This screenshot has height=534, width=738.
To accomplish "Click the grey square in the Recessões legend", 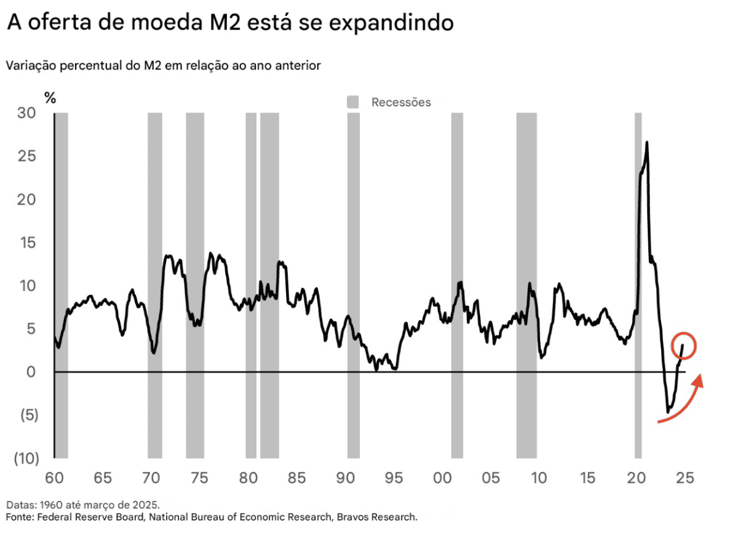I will point(353,102).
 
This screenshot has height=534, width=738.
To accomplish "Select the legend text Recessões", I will point(401,102).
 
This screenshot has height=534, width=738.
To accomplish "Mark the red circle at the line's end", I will point(683,345).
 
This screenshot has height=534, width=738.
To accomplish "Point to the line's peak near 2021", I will point(646,143).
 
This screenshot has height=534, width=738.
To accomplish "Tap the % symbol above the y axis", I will point(50,97).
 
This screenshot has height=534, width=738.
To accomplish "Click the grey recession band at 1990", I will point(353,283).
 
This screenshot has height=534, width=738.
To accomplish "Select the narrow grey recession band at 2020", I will point(638,283).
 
